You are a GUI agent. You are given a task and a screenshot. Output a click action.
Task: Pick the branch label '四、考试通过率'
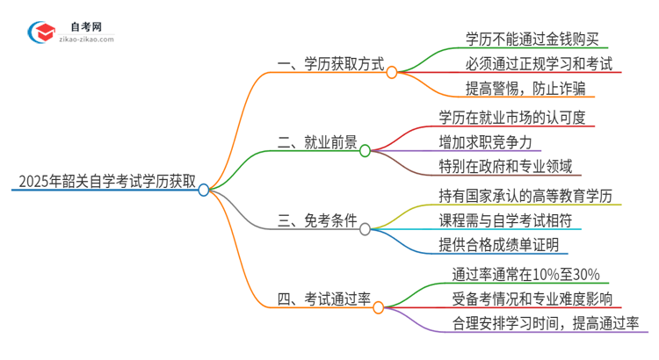pyautogui.click(x=325, y=302)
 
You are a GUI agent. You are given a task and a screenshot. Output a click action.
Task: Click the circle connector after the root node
pyautogui.click(x=204, y=189)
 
